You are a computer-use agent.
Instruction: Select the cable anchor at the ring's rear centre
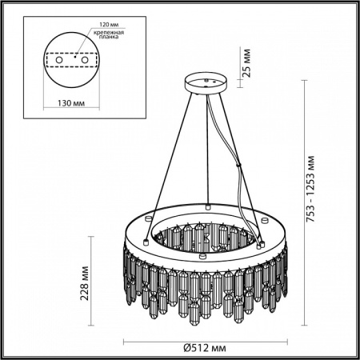click(207, 206)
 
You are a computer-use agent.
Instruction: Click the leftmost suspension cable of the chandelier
click(164, 152)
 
